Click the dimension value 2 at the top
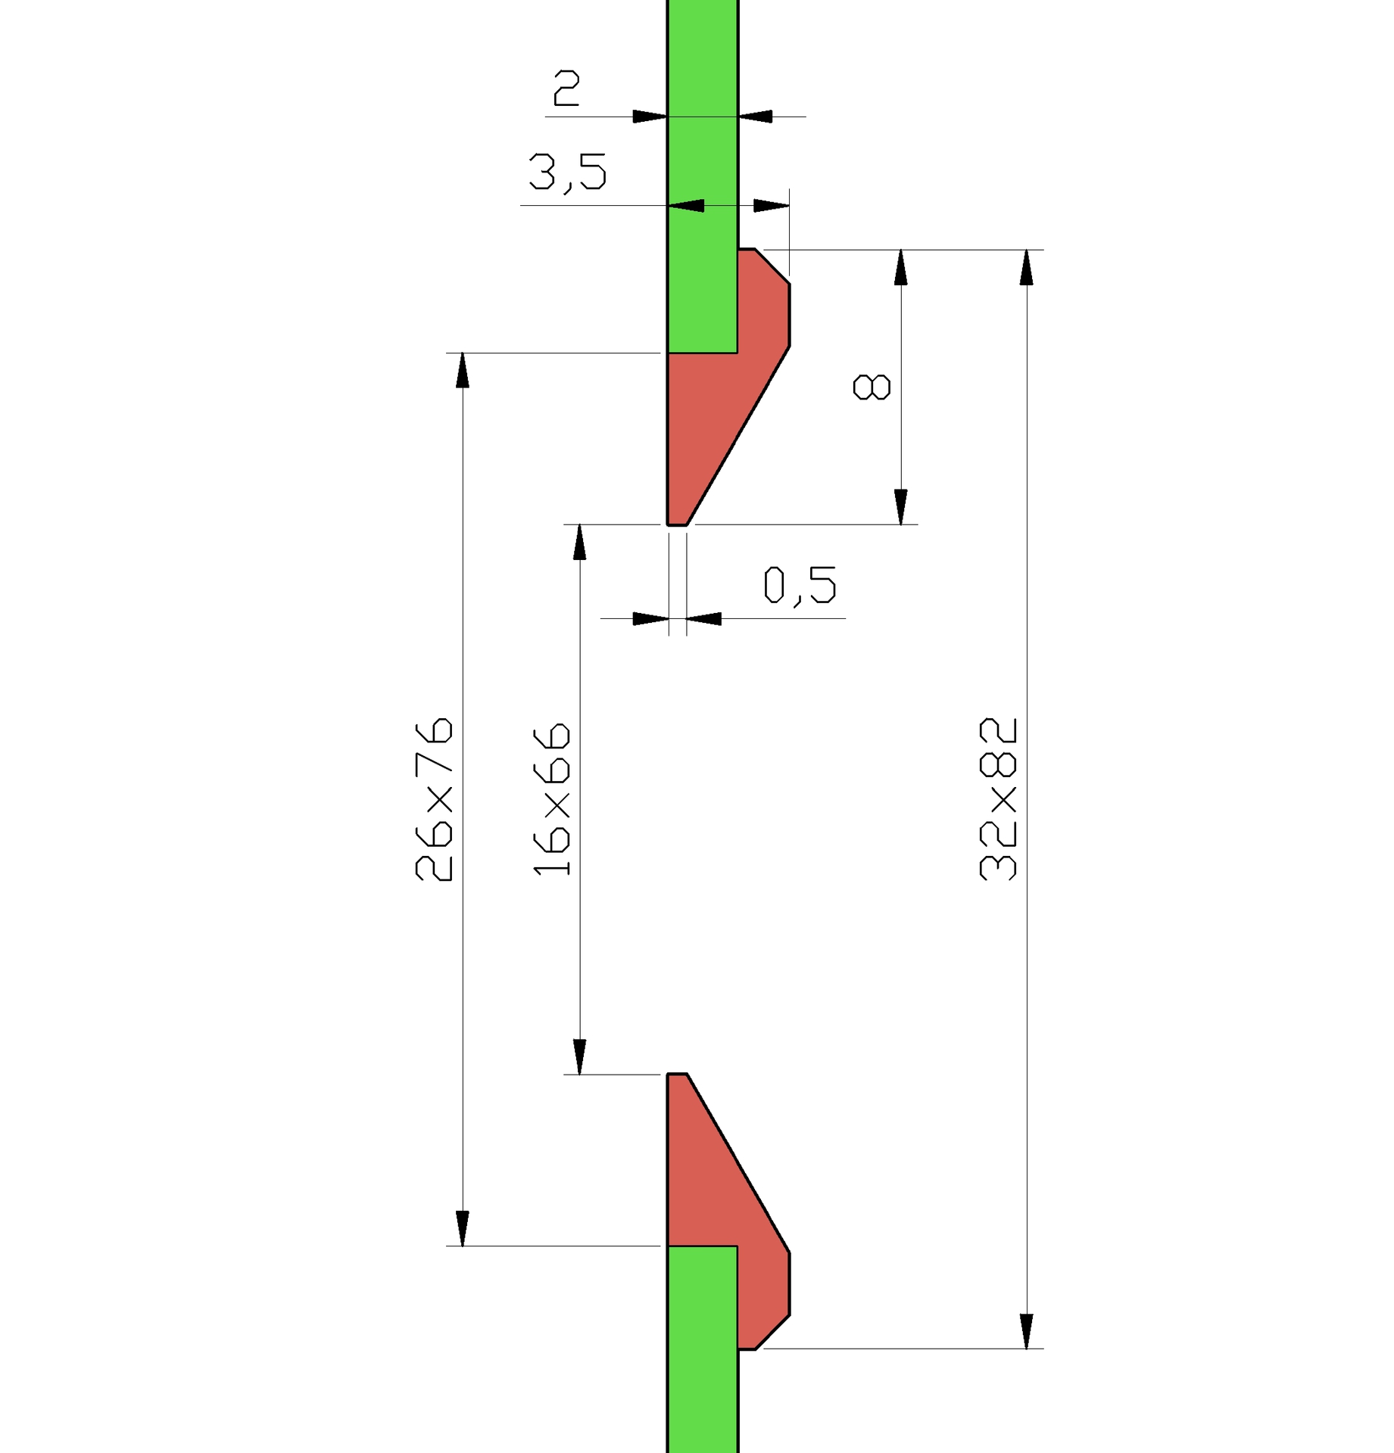(x=566, y=88)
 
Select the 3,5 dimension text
(x=567, y=173)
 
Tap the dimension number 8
(x=872, y=387)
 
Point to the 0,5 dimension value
(x=800, y=586)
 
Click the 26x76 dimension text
(x=435, y=799)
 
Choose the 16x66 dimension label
(x=552, y=800)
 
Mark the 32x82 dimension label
(x=998, y=799)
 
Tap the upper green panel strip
(x=703, y=176)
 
